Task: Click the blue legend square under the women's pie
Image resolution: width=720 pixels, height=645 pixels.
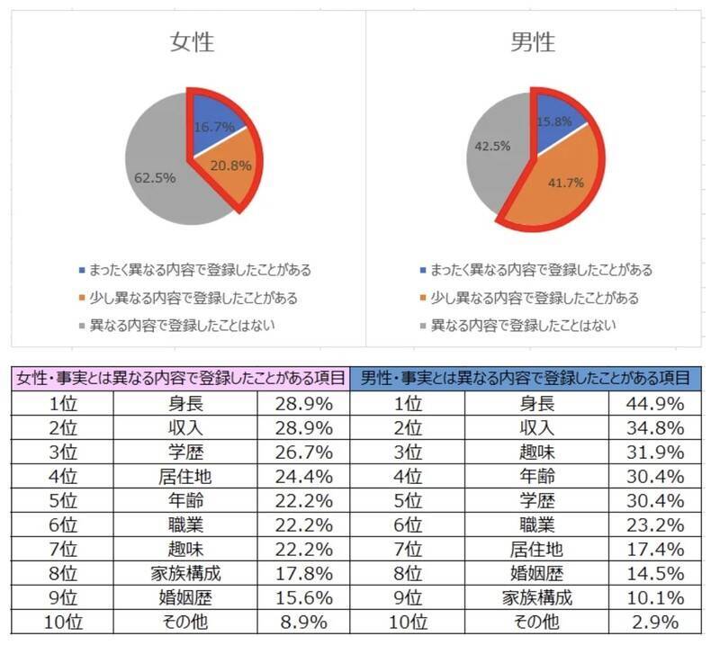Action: point(82,270)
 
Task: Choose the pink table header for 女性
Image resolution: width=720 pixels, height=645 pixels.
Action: point(179,379)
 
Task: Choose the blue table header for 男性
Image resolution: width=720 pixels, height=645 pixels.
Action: point(526,379)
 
